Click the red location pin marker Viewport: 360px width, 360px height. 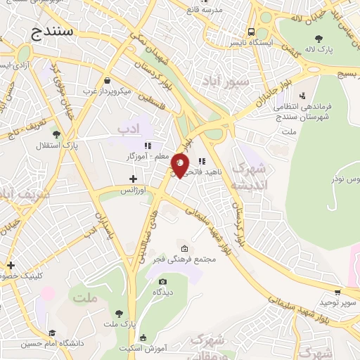(x=180, y=165)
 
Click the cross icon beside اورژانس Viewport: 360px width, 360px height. (x=133, y=179)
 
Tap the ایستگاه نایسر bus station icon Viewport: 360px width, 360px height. (x=251, y=32)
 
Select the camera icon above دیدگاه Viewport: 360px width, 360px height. (x=163, y=281)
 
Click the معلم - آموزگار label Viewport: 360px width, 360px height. (x=148, y=155)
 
